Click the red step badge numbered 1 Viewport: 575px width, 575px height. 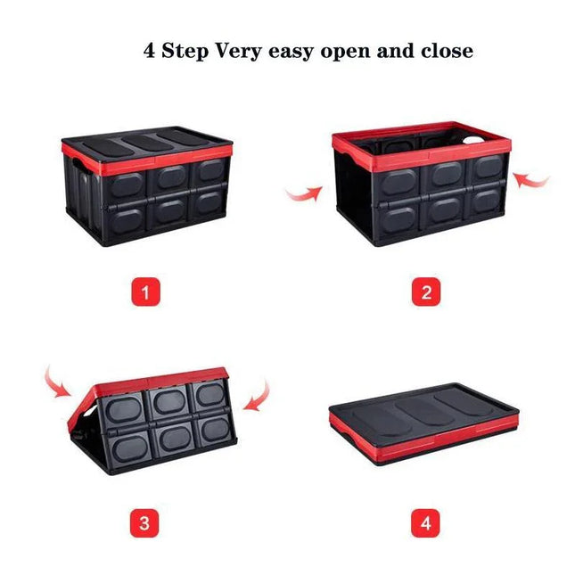pos(146,292)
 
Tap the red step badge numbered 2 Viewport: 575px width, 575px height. pos(425,292)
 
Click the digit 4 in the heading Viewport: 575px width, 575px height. pos(150,50)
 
